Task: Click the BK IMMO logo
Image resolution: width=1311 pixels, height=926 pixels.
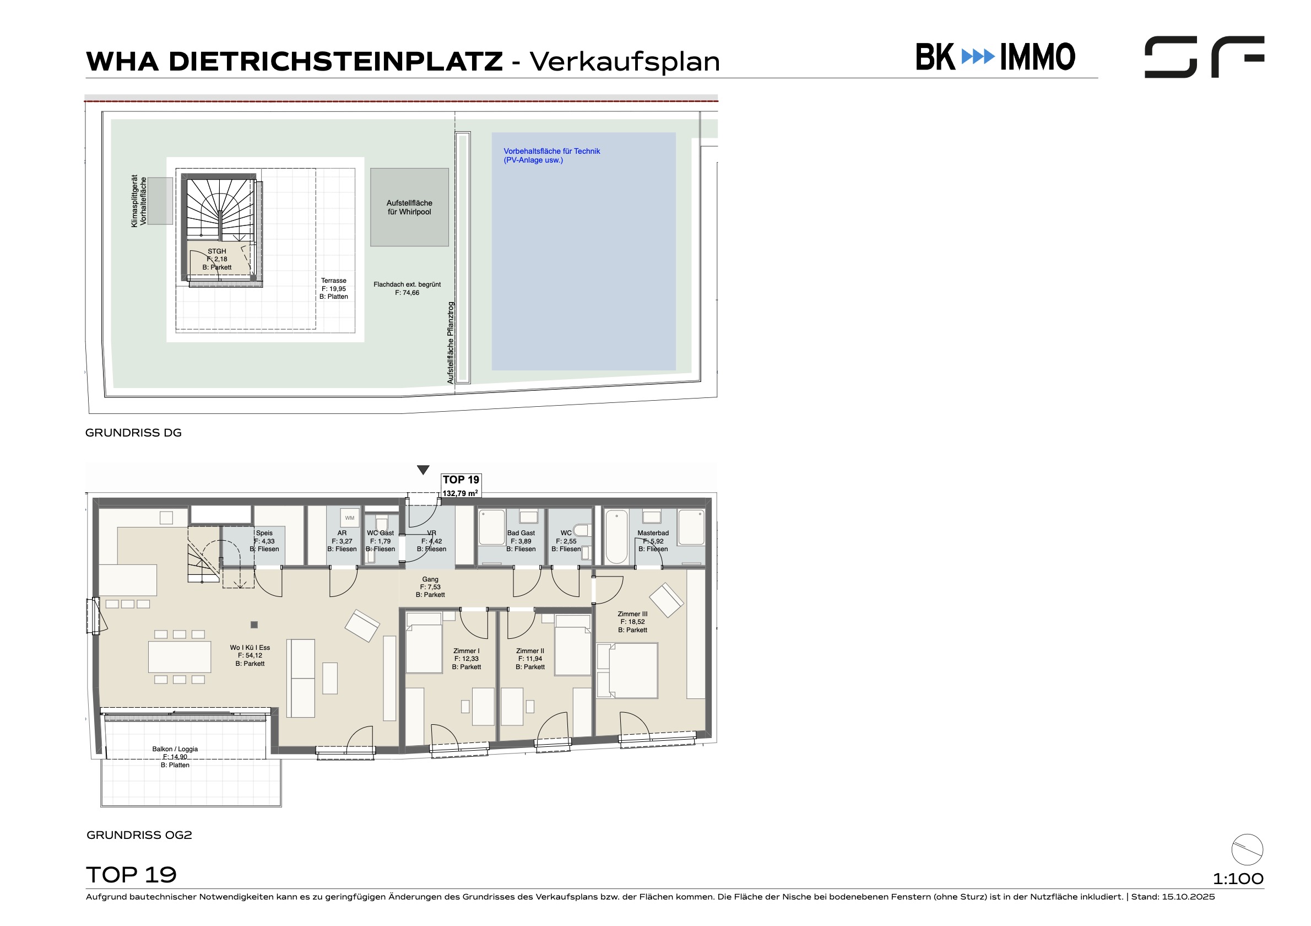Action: coord(995,57)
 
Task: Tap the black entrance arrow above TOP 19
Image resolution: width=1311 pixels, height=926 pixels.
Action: coord(423,470)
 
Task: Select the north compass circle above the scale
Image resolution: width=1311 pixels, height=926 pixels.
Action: coord(1247,849)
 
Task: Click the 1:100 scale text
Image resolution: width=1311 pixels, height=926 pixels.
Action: coord(1238,879)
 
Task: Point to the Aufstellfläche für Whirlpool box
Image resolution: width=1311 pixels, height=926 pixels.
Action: coord(409,207)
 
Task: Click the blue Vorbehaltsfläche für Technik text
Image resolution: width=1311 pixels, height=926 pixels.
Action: coord(551,155)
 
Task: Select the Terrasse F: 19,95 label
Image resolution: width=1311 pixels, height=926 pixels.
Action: coord(333,288)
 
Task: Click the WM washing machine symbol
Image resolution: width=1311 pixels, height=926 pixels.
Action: coord(350,518)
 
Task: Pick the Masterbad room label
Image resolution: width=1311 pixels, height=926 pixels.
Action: coord(653,541)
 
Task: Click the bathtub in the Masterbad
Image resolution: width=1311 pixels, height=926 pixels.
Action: coord(617,537)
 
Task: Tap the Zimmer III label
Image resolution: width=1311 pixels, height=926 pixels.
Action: coord(633,622)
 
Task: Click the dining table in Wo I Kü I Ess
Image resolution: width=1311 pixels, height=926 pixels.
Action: coord(179,657)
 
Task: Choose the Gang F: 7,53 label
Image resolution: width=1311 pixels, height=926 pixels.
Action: coord(430,587)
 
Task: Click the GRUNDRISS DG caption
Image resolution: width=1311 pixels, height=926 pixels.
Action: coord(134,433)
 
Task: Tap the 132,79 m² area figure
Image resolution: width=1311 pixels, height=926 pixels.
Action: coord(460,493)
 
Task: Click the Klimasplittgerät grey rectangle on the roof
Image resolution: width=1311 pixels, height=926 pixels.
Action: coord(160,201)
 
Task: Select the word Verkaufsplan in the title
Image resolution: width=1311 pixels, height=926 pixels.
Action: coord(625,62)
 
